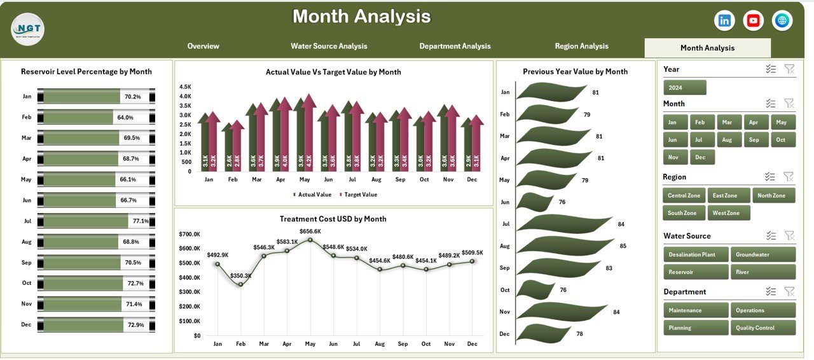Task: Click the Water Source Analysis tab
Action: [329, 46]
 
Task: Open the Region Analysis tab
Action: [581, 46]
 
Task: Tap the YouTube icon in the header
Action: [754, 20]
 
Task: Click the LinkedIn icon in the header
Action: [724, 20]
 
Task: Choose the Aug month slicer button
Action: [728, 139]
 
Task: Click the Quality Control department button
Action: [763, 328]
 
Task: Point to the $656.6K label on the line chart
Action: [310, 232]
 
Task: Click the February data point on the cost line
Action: [240, 284]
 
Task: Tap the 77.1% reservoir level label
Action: [140, 221]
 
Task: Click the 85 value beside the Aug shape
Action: [623, 246]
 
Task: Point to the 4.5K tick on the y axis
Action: [185, 87]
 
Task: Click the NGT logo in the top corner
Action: [27, 29]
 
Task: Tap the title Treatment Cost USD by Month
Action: [333, 219]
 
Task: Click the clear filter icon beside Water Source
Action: [789, 235]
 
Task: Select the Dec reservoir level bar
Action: [83, 325]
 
